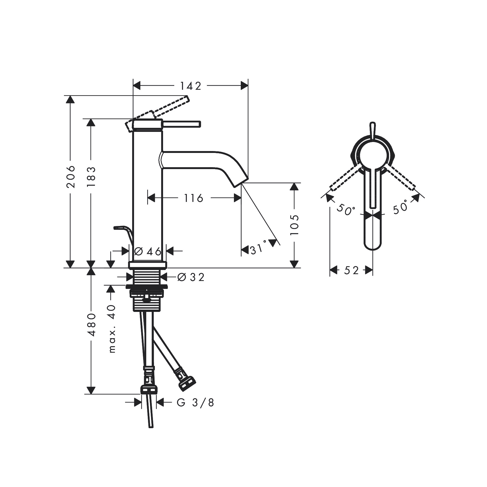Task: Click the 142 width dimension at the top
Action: (190, 86)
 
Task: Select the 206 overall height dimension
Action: (71, 176)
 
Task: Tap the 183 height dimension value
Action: (91, 176)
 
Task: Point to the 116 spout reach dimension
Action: (194, 198)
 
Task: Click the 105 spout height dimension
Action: (295, 225)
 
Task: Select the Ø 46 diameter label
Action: (148, 251)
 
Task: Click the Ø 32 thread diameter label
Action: (191, 277)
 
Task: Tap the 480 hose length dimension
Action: (91, 324)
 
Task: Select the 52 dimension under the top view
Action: (351, 270)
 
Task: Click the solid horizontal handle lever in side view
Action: (182, 124)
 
